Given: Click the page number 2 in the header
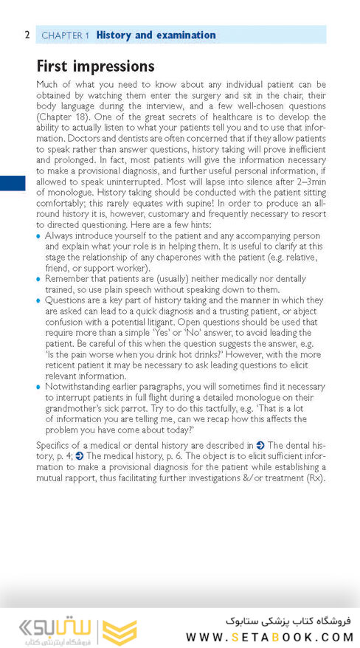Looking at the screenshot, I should tap(27, 35).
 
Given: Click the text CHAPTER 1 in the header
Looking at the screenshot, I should tap(66, 35).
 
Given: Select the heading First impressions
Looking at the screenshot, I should tap(95, 66).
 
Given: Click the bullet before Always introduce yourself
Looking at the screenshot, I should tap(39, 236).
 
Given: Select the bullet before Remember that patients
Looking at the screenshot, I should tap(39, 279).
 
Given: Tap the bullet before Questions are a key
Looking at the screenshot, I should tap(39, 300).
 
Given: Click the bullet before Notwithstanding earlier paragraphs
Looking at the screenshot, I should tap(39, 386).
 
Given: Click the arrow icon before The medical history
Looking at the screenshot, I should tap(79, 457).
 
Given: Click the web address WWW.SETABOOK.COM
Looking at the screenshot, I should tap(270, 637).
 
